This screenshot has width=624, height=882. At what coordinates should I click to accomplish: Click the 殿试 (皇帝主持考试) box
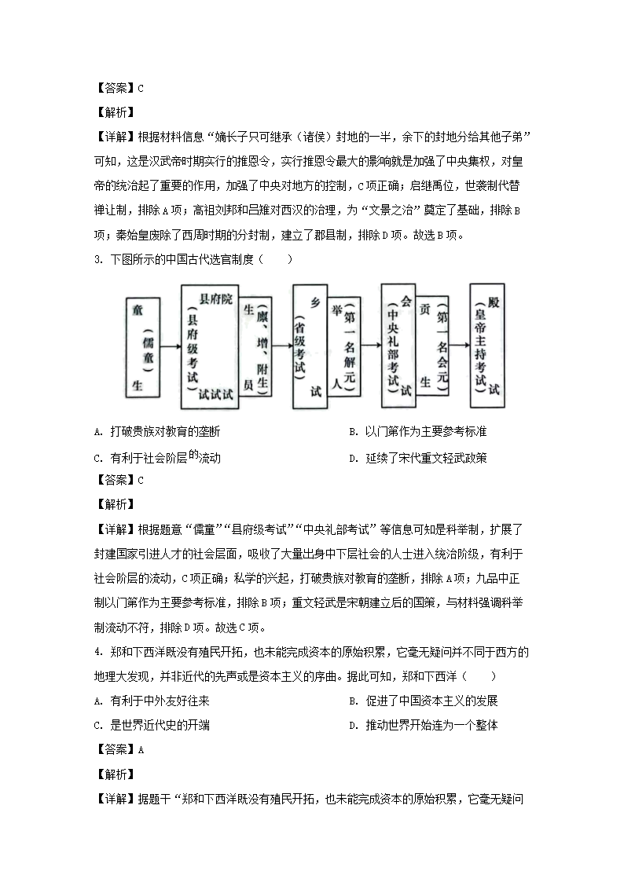(487, 346)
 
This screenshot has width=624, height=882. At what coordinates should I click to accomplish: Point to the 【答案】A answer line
(119, 749)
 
